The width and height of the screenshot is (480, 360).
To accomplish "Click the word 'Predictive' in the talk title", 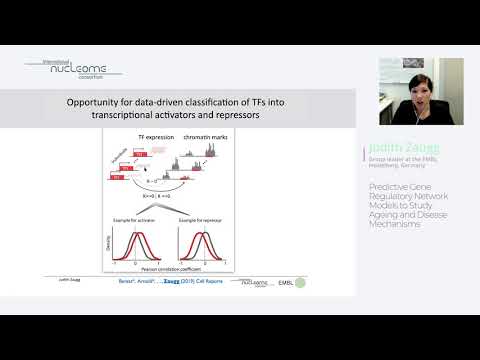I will point(386,186).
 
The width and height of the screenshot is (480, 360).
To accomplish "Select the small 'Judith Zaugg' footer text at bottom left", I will point(68,282).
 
